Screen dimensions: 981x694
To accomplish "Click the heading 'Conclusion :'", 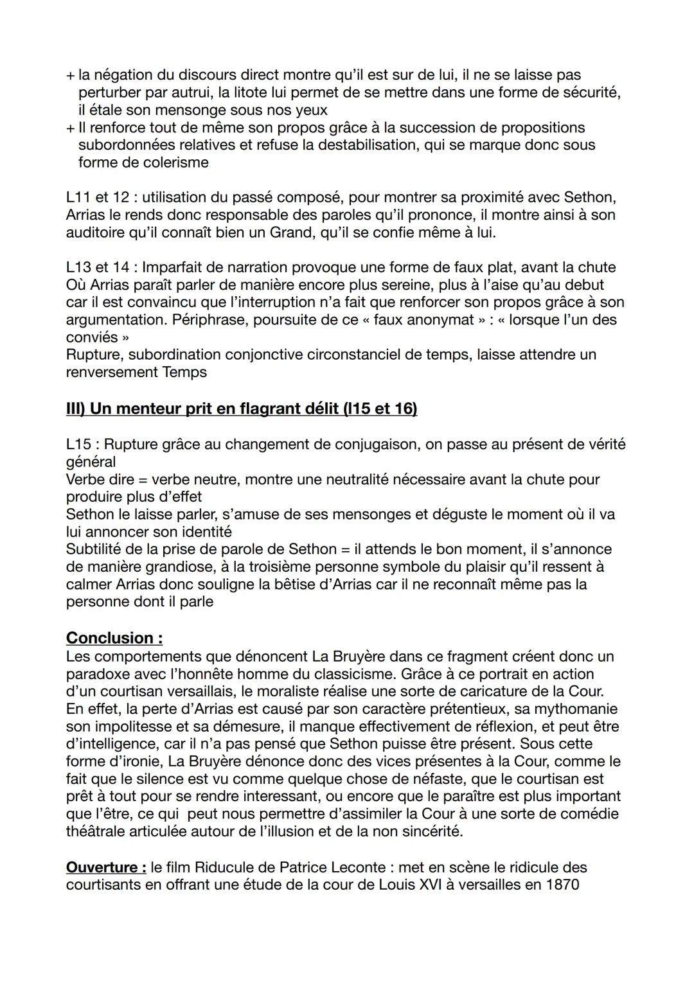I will click(114, 638).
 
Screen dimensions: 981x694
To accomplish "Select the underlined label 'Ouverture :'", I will click(106, 867).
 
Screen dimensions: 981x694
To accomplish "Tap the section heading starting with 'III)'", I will click(241, 409).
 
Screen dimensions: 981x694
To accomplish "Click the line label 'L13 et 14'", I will click(98, 267).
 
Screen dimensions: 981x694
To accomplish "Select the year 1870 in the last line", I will click(562, 885).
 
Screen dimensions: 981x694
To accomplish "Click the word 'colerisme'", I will click(175, 163).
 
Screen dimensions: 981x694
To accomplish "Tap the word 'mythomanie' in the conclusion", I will click(580, 709).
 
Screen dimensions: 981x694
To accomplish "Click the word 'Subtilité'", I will click(96, 549).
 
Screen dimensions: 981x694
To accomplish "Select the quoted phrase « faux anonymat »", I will click(420, 320).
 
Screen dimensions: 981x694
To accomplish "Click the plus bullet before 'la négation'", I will click(70, 75).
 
